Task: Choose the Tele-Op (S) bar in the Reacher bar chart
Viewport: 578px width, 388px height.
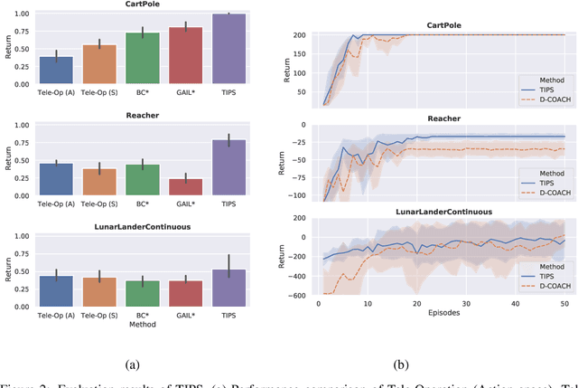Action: pos(98,182)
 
